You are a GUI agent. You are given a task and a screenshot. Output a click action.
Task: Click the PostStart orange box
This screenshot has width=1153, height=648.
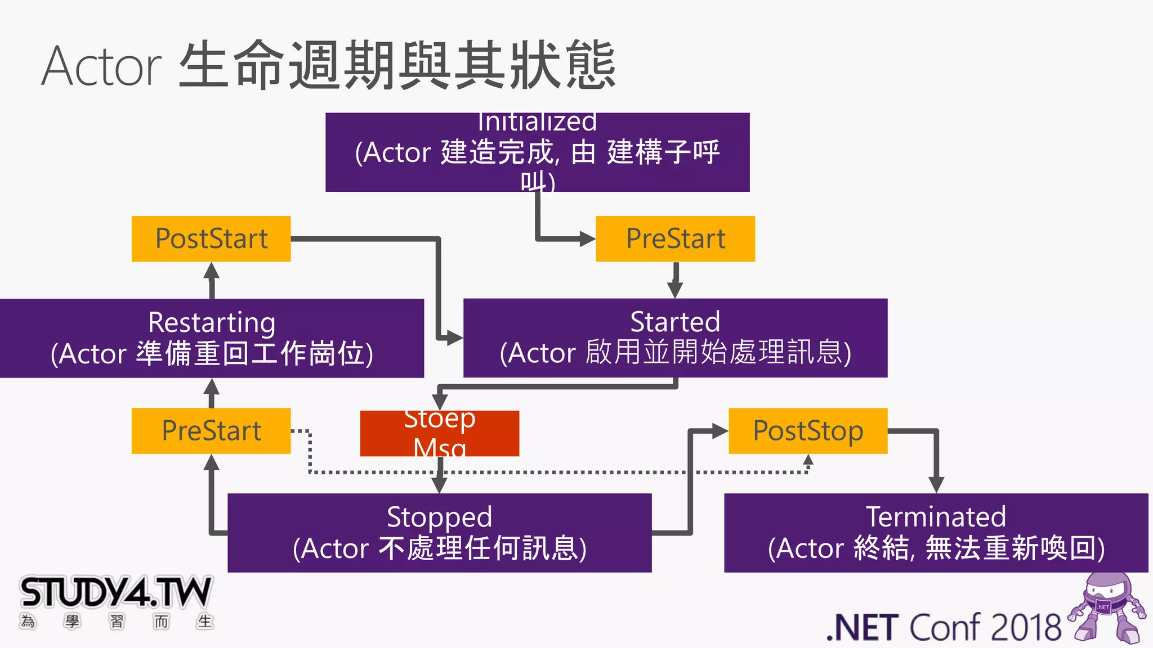[211, 238]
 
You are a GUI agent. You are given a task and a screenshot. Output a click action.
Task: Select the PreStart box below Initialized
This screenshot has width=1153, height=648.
[675, 238]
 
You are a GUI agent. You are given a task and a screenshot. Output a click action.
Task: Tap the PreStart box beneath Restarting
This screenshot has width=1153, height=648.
[211, 431]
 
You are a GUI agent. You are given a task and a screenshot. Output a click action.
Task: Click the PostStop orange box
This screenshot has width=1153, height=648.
[808, 431]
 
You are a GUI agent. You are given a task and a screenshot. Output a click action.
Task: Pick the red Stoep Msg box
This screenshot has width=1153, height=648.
[439, 433]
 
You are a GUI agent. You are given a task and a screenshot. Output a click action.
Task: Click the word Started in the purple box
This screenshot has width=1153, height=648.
[675, 322]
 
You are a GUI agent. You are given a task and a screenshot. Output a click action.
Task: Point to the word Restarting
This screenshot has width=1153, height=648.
[212, 323]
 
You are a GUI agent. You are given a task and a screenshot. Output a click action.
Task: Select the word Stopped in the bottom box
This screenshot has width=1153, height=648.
[439, 517]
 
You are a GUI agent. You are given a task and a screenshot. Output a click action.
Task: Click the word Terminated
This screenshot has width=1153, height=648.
[936, 516]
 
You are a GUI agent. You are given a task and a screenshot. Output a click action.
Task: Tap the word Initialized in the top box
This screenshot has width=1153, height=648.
[537, 122]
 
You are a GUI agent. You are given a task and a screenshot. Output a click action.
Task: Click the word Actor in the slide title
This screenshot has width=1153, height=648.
[102, 66]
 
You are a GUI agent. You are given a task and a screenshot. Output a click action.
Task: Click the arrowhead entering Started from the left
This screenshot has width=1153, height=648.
[455, 338]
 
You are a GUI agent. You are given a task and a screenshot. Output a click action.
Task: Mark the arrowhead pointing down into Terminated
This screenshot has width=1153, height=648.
[936, 484]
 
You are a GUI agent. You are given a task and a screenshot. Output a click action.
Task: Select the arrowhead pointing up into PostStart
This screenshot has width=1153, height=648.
[211, 271]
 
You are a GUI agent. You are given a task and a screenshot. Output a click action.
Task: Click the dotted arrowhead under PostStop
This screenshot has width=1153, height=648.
[808, 460]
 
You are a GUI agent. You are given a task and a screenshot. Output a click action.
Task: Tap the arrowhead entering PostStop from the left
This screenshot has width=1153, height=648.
[720, 431]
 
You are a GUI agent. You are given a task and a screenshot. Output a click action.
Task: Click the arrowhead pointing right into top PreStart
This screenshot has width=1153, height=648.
[587, 238]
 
